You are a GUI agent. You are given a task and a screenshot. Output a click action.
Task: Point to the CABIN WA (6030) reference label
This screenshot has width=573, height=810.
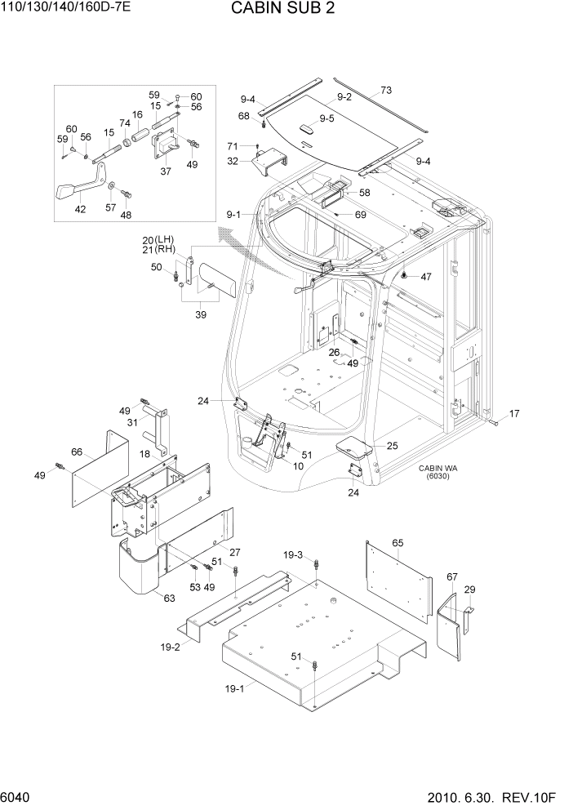coord(438,472)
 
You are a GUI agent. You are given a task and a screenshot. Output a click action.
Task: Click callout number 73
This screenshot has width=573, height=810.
coord(386,90)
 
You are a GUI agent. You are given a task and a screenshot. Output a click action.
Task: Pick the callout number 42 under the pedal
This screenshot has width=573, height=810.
coord(80,209)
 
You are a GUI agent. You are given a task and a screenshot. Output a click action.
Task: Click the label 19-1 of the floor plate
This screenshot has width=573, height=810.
coord(235,689)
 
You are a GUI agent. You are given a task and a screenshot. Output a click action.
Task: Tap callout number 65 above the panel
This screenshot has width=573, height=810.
coord(398,543)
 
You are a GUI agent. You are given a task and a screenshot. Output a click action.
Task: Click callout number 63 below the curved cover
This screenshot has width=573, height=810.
coord(169,598)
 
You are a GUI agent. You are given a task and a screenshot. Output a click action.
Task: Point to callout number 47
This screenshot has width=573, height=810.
coord(425,277)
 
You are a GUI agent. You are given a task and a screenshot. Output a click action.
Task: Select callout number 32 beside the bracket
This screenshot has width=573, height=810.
coord(233,161)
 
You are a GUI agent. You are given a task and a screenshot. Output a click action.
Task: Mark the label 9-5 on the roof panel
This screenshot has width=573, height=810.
coord(326,118)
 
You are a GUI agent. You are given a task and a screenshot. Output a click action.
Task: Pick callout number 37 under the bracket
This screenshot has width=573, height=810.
coord(166,171)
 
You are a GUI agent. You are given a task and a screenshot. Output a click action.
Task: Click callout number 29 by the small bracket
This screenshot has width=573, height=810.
coord(469,590)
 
